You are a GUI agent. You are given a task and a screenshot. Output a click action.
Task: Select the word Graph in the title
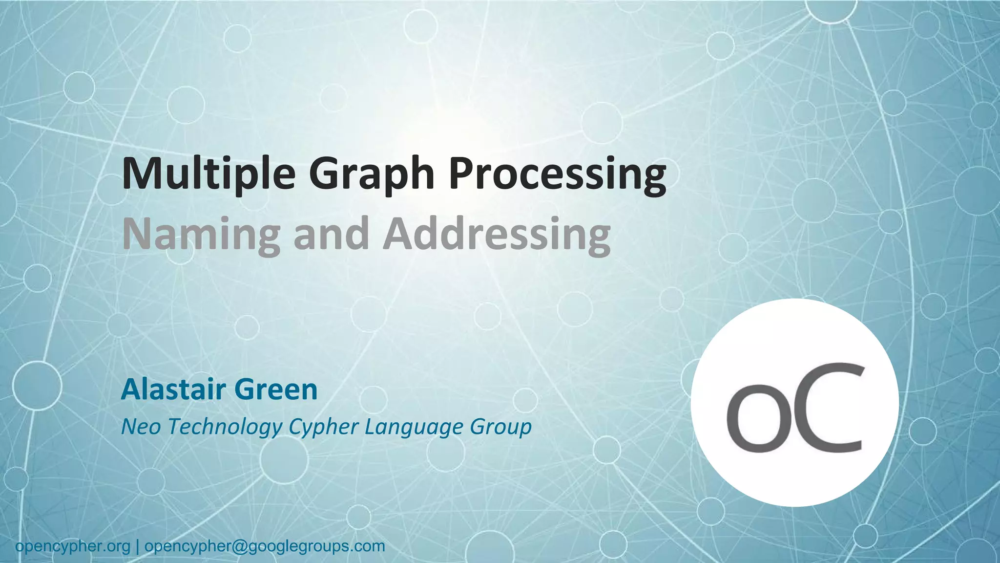click(x=372, y=175)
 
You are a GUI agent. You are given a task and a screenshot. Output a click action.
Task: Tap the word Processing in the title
click(x=557, y=175)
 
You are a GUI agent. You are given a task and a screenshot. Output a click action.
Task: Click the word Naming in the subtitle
click(x=201, y=235)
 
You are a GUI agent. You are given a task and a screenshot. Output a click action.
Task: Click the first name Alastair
click(x=173, y=390)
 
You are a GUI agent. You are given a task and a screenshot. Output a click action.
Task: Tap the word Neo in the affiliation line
click(x=141, y=426)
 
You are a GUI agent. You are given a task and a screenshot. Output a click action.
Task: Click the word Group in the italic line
click(x=500, y=427)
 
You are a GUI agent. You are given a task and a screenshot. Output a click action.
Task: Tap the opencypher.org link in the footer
click(x=73, y=546)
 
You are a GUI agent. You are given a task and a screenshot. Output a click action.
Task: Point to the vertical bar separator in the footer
click(x=137, y=546)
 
